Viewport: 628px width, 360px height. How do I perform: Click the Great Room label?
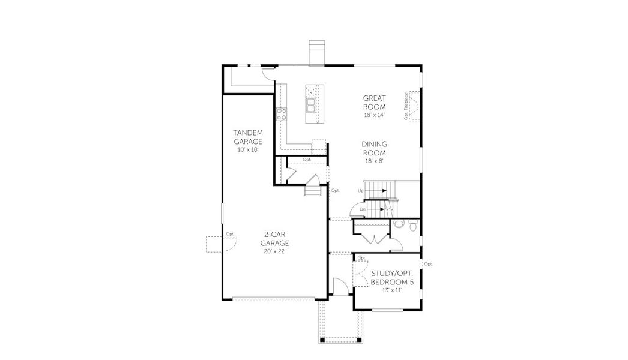click(x=374, y=102)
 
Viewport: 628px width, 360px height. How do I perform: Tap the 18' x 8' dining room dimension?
click(x=374, y=160)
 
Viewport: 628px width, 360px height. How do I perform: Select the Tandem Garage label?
click(x=247, y=137)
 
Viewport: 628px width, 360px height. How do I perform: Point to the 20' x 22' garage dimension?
click(x=275, y=251)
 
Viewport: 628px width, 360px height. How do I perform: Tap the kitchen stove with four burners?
click(x=282, y=113)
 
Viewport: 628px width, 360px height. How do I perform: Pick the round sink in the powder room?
click(x=399, y=224)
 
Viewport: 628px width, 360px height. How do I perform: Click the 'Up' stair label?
click(x=361, y=191)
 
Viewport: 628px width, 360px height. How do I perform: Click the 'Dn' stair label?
click(x=362, y=209)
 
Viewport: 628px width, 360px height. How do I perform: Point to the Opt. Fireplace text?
click(x=406, y=106)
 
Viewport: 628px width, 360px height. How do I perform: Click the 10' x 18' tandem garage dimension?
click(x=247, y=149)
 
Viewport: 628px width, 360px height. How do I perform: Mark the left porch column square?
click(x=321, y=340)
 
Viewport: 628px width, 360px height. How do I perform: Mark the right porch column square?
click(x=360, y=340)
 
